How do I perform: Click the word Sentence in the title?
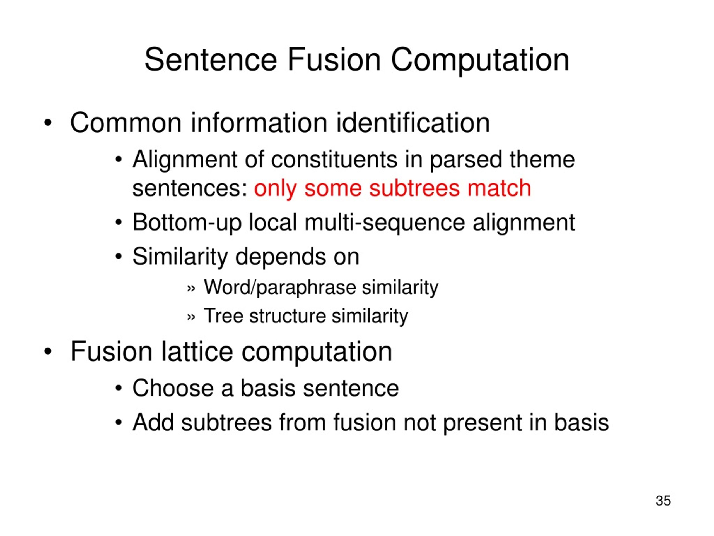click(x=211, y=60)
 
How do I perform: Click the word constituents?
click(x=334, y=160)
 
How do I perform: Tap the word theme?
click(x=542, y=160)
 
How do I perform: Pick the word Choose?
click(x=173, y=388)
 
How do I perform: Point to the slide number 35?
click(x=663, y=501)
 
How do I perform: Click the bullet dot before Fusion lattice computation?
click(x=48, y=352)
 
